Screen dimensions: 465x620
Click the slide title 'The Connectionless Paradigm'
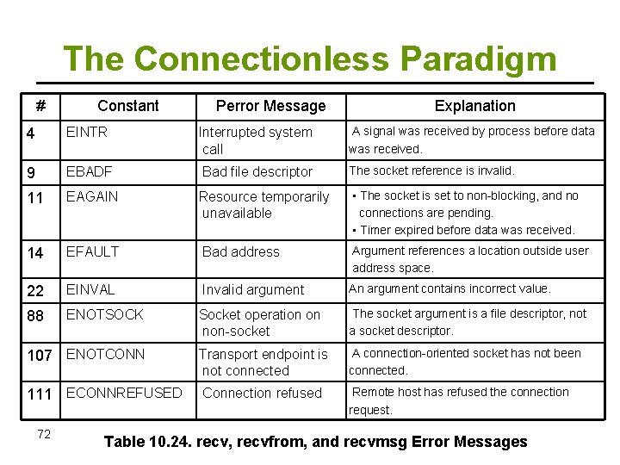(x=310, y=59)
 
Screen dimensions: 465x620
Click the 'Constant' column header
(x=127, y=106)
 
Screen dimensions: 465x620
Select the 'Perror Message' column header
(x=270, y=106)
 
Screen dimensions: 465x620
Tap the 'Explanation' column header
(x=474, y=106)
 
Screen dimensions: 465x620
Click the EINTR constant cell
(x=89, y=133)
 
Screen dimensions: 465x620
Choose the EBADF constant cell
(x=90, y=171)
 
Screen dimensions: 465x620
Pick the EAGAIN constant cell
(x=92, y=196)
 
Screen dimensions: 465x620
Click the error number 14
(x=35, y=252)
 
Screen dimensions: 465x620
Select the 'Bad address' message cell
(x=240, y=252)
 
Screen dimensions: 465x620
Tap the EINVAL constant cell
(x=90, y=290)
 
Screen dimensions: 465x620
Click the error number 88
(x=35, y=315)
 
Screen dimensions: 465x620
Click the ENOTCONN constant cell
(x=105, y=354)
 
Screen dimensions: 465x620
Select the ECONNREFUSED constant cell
(x=124, y=393)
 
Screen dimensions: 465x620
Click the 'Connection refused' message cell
(x=262, y=394)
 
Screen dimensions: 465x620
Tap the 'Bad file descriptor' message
(x=257, y=172)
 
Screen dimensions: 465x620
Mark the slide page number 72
(x=44, y=434)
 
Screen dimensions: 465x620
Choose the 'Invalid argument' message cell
(x=252, y=290)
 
